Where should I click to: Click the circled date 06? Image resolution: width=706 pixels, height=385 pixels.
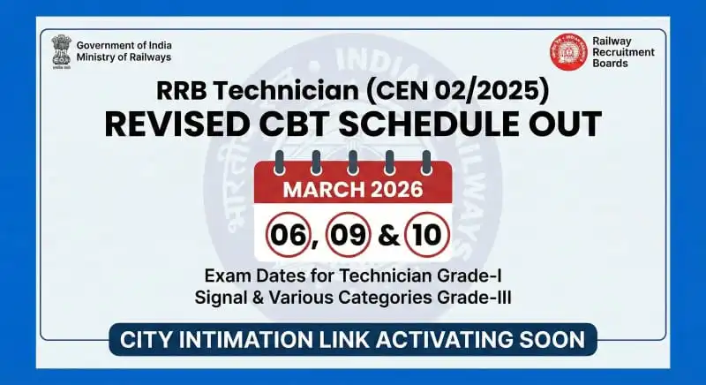point(289,236)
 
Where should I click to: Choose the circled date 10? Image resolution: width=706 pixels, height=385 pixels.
point(427,236)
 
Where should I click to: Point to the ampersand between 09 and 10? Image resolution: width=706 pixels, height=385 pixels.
point(387,237)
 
